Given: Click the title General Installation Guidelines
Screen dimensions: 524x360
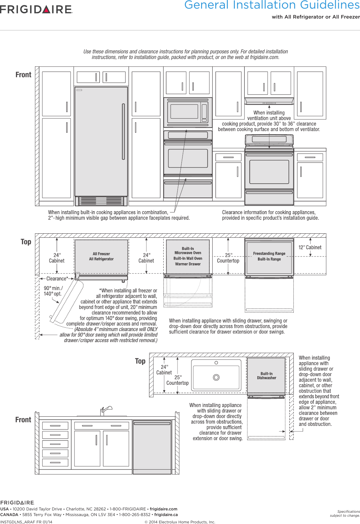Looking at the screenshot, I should click(x=272, y=5).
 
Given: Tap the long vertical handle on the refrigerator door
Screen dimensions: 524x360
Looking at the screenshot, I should click(x=124, y=132).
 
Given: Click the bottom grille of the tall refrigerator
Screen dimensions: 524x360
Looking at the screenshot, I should click(x=101, y=201).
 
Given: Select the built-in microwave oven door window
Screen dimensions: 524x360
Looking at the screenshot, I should click(x=184, y=112).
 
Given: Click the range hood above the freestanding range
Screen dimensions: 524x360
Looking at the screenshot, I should click(x=269, y=101).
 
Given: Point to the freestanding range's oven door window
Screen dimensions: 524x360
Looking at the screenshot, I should click(x=269, y=172).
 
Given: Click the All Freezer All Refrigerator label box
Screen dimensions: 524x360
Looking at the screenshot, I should click(x=101, y=257).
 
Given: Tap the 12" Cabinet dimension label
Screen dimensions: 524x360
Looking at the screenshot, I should click(x=310, y=247).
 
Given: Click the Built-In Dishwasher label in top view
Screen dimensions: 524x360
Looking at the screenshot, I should click(x=266, y=376).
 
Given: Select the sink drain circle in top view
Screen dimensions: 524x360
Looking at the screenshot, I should click(x=216, y=377).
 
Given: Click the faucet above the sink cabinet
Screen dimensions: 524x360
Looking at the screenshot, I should click(x=105, y=410).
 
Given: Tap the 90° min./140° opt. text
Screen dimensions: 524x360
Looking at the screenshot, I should click(x=53, y=291).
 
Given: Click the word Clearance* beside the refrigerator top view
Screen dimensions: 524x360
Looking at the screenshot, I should click(x=57, y=279).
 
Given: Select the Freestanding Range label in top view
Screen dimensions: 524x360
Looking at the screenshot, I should click(x=269, y=254).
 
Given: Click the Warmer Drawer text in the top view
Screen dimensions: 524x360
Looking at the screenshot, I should click(x=188, y=264).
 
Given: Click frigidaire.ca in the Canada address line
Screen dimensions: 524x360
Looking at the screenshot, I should click(x=166, y=515).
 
